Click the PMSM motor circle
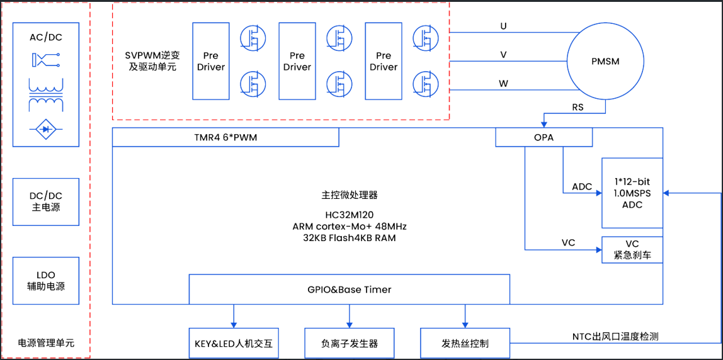coord(605,61)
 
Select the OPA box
coord(544,137)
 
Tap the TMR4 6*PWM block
coord(225,137)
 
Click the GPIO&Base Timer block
coord(350,290)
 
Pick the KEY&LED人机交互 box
coord(234,344)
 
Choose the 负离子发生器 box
coord(350,344)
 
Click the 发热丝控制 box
coord(465,344)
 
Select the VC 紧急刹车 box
coord(632,250)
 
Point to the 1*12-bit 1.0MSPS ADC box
coord(632,193)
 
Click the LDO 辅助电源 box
coord(46,281)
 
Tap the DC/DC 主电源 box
coord(46,201)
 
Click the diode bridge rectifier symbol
coord(46,129)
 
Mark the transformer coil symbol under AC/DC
coord(46,94)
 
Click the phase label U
coord(503,26)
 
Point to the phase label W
coord(503,83)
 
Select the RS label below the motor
coord(578,108)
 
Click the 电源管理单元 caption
coord(46,343)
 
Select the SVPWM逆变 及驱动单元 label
coord(152,60)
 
